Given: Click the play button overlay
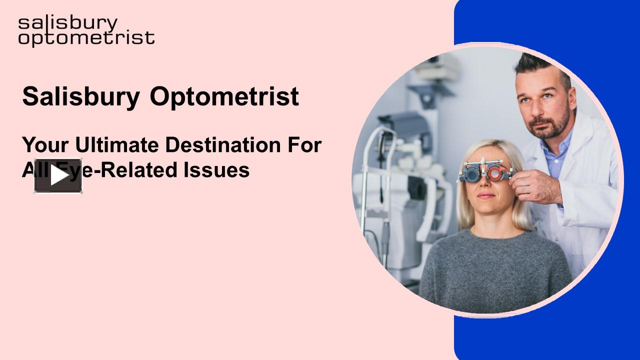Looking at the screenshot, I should click(58, 175).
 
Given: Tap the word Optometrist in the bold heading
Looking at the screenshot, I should click(224, 97).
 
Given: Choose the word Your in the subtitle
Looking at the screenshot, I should click(45, 145).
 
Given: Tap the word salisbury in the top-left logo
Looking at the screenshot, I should click(68, 23).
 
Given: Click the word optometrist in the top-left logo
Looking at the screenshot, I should click(86, 38).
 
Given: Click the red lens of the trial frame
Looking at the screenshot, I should click(494, 173).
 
